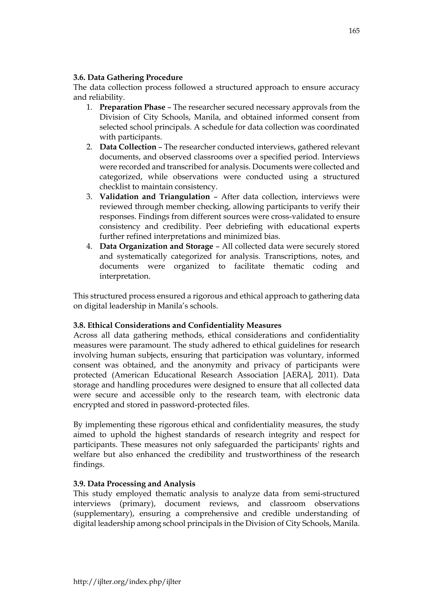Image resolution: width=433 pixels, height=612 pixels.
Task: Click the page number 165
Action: [x=354, y=31]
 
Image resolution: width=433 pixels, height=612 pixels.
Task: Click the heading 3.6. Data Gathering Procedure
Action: [x=128, y=78]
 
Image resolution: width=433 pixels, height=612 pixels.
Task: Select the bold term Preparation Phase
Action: [x=132, y=107]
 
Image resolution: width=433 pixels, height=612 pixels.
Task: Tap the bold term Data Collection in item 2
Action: [x=128, y=147]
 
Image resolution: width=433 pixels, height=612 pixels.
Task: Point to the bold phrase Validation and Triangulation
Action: [x=155, y=197]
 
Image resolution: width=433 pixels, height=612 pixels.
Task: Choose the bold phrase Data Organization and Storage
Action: [x=156, y=246]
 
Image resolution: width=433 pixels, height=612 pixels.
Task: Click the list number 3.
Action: [x=89, y=197]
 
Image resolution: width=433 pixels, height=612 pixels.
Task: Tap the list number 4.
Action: [x=89, y=246]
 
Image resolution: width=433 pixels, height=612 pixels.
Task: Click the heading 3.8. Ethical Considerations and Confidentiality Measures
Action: [x=177, y=325]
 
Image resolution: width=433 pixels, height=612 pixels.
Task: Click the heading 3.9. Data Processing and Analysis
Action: [x=134, y=484]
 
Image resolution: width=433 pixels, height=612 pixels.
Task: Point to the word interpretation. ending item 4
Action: [x=125, y=276]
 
